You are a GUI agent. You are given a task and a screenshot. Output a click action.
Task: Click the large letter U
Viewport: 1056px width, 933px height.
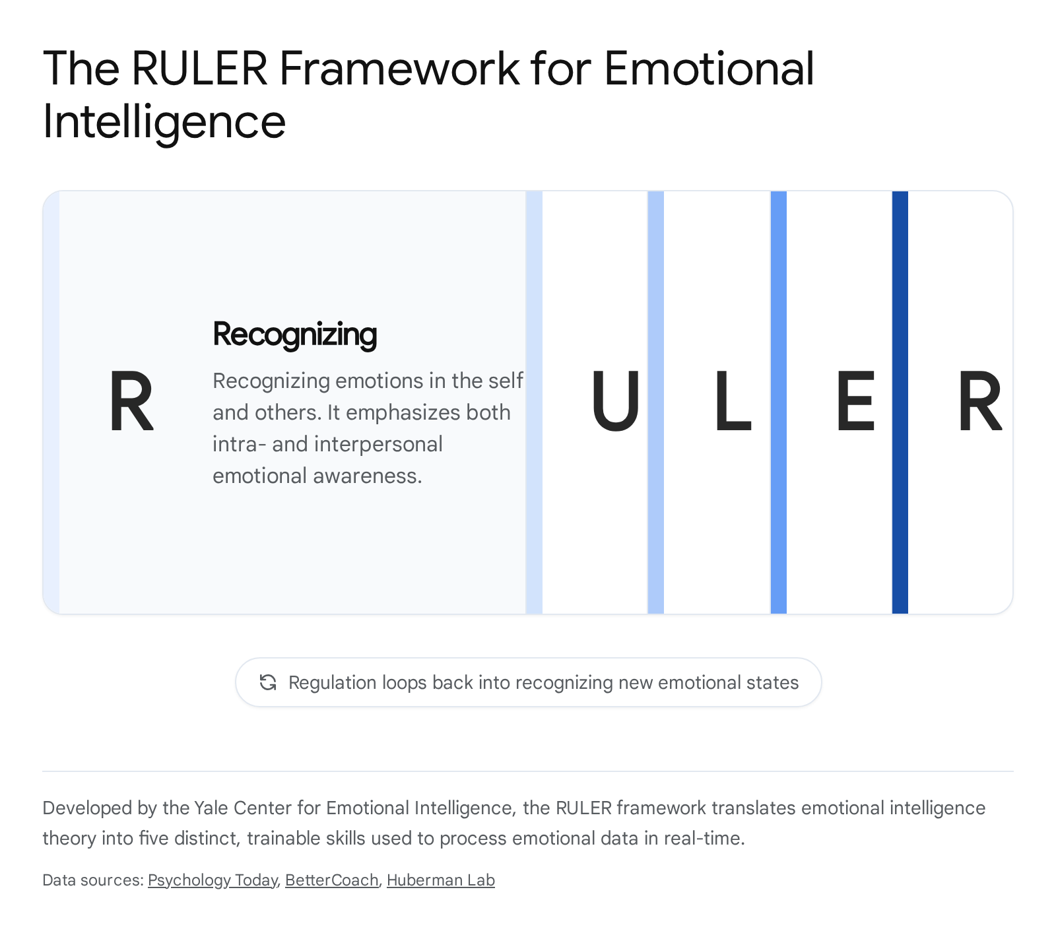tap(615, 401)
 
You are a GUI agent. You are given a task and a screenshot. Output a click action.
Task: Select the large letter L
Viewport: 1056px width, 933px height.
tap(733, 401)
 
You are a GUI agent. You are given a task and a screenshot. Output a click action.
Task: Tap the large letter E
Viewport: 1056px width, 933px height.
tap(855, 401)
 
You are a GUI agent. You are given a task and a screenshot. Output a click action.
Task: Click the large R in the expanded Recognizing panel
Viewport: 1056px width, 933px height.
tap(131, 401)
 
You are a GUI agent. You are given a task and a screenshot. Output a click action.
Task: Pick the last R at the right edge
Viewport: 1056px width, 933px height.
tap(980, 401)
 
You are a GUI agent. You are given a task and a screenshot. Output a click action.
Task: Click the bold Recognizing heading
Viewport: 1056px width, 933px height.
tap(294, 335)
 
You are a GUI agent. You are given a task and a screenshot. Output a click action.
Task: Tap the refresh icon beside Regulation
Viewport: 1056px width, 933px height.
tap(268, 682)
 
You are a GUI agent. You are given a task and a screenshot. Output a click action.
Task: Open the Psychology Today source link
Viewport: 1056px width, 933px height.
tap(213, 880)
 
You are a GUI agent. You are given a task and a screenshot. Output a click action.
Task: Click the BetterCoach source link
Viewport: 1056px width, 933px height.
tap(332, 880)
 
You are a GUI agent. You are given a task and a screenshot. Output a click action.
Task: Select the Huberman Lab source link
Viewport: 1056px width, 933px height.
tap(441, 880)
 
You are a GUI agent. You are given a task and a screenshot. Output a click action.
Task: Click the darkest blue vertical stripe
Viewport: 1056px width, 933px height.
tap(900, 402)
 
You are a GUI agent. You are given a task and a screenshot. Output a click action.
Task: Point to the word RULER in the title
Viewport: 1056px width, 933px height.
tap(200, 68)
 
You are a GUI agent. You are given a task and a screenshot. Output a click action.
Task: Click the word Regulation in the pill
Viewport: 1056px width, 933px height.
tap(333, 682)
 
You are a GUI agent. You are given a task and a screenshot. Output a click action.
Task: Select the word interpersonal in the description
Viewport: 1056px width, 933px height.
tap(378, 444)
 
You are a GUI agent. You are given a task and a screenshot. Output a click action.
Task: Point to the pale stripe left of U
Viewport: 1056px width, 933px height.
tap(534, 402)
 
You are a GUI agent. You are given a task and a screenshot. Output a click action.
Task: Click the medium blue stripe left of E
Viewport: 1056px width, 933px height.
tap(778, 402)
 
